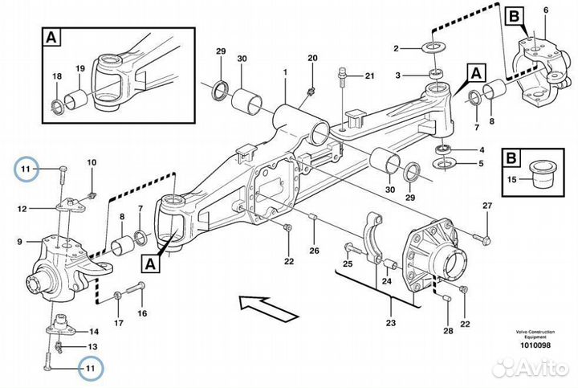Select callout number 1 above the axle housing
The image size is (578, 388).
coord(284,73)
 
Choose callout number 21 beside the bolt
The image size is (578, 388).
coord(369,76)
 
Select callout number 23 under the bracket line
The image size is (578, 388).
coord(390,325)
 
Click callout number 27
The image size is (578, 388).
coord(486,207)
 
